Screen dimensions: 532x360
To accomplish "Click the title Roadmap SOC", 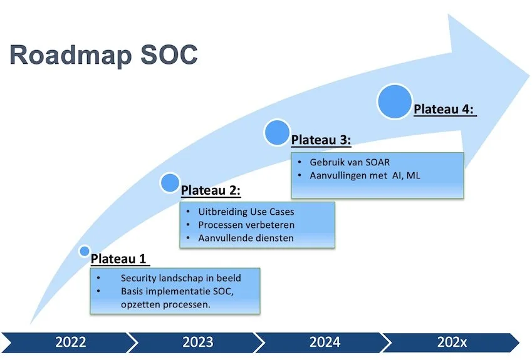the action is [103, 55].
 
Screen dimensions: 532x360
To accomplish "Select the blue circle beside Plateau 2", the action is [170, 183].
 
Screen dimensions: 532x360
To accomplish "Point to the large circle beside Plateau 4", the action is [395, 102].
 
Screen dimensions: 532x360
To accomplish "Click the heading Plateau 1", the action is [121, 259].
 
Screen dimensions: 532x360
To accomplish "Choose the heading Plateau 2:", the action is [211, 190].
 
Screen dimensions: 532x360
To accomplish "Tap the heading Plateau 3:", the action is [321, 139].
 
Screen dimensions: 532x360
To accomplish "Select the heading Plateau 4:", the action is [444, 110].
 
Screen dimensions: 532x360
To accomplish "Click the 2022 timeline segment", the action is [70, 342].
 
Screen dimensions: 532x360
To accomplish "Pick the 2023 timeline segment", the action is [197, 342].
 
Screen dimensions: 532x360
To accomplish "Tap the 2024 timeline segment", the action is [325, 342].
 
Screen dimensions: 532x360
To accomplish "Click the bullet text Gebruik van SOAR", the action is [350, 163].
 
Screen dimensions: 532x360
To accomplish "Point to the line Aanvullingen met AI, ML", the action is [365, 176].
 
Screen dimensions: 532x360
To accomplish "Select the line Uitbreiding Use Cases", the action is [246, 212].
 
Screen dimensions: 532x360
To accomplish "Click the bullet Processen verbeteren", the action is [246, 225].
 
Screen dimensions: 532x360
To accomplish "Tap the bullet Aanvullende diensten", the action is [246, 238].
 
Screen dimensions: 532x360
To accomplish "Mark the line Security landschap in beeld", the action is [180, 278].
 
